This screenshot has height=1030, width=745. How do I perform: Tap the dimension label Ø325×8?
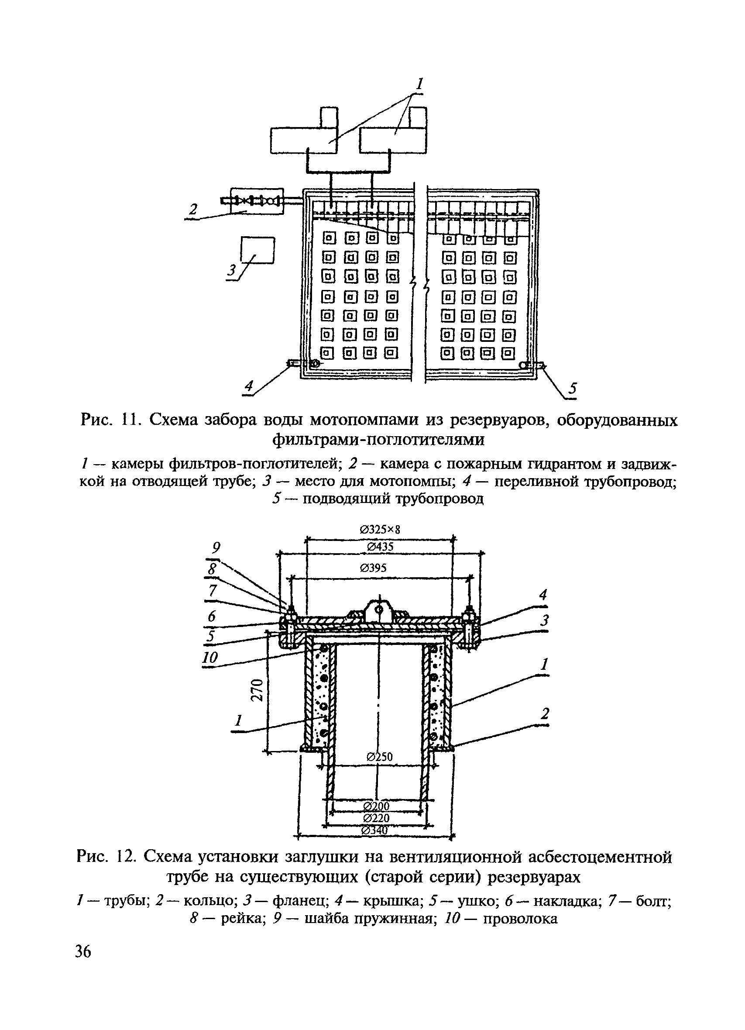[x=381, y=530]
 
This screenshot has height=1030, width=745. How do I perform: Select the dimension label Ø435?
[x=380, y=547]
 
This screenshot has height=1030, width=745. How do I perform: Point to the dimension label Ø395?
[x=373, y=568]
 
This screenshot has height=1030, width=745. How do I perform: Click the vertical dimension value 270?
[x=257, y=690]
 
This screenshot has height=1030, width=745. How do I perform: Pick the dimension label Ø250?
[x=380, y=757]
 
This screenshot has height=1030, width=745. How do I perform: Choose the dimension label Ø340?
[x=375, y=830]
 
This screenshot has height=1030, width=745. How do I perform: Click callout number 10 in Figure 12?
[x=210, y=657]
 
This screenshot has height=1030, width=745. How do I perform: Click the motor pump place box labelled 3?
[x=258, y=250]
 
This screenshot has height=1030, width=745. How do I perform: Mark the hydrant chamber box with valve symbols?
[x=257, y=200]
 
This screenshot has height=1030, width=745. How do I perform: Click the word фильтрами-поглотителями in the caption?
[x=379, y=440]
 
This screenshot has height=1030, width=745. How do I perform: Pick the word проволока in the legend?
[x=520, y=919]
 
